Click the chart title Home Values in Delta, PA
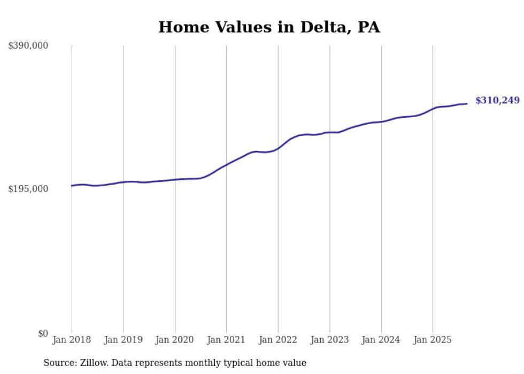[269, 27]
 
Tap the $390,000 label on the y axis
[28, 46]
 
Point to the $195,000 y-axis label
[28, 189]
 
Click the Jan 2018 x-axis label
[72, 340]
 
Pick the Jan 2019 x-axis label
[124, 340]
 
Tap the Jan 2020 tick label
[175, 340]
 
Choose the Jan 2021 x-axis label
[226, 340]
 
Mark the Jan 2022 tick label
[278, 340]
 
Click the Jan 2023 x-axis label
[329, 340]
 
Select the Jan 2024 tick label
[381, 340]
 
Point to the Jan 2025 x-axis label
[433, 340]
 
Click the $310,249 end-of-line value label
[497, 101]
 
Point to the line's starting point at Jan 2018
[72, 186]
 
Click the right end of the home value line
[467, 103]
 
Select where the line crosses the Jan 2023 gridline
[329, 132]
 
